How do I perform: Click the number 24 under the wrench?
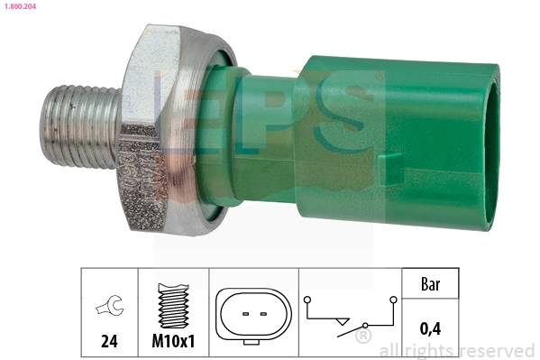click(x=107, y=344)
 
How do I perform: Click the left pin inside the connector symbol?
click(x=244, y=314)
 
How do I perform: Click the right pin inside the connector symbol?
click(x=262, y=314)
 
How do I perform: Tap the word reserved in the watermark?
click(x=495, y=350)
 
